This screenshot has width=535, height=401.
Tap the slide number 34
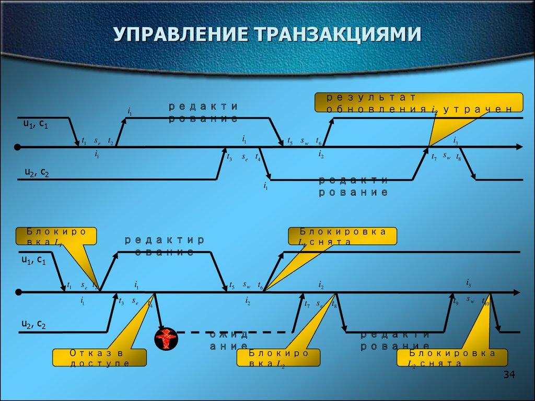[x=509, y=375]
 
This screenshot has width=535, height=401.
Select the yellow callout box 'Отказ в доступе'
[x=99, y=358]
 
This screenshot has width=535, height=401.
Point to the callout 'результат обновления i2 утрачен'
[x=418, y=102]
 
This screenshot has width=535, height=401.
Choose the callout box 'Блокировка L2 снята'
[x=452, y=358]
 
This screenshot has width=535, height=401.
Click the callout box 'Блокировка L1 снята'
[x=342, y=237]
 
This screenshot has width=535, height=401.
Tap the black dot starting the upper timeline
[x=18, y=147]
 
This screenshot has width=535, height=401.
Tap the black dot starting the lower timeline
[x=18, y=291]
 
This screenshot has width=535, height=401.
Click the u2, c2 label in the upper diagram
[x=37, y=172]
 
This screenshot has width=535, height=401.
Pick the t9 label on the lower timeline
[x=456, y=301]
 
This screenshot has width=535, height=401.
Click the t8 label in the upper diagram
[x=459, y=156]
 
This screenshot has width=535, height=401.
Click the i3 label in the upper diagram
[x=456, y=139]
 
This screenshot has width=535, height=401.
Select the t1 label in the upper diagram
[x=84, y=141]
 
